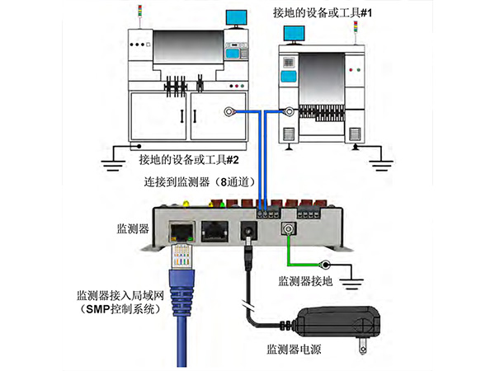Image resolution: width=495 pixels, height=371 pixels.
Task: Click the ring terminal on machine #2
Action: click(229, 111)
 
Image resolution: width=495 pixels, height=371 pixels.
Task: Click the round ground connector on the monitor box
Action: click(290, 232)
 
